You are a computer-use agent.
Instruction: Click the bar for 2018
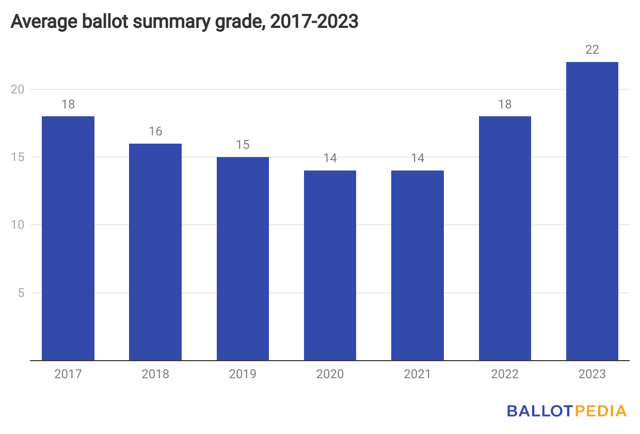(x=155, y=252)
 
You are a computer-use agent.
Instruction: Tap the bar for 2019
(x=243, y=258)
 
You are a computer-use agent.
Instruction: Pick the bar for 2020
(x=330, y=265)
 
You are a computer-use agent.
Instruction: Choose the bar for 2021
(x=418, y=265)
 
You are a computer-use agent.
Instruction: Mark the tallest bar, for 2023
(x=592, y=211)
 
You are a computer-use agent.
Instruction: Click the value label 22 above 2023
(x=592, y=50)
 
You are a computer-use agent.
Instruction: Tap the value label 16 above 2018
(x=155, y=132)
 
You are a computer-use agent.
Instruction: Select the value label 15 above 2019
(x=243, y=145)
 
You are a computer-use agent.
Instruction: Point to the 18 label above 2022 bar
(x=505, y=104)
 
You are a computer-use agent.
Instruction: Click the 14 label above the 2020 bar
(x=330, y=159)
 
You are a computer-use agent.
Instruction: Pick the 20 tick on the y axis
(x=18, y=89)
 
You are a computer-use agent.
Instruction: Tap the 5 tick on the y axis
(x=22, y=293)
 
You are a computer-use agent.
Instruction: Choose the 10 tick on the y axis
(x=18, y=225)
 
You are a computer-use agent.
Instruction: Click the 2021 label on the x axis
(x=418, y=374)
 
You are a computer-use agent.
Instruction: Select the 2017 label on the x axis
(x=68, y=374)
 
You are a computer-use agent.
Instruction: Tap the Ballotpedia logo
(x=567, y=411)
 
